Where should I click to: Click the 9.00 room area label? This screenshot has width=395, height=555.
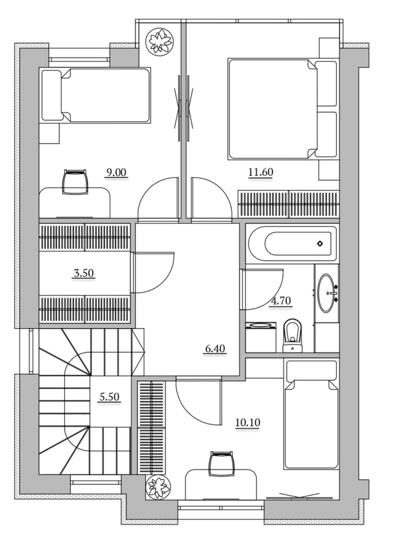tap(116, 172)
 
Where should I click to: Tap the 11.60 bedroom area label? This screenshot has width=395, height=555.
tap(261, 172)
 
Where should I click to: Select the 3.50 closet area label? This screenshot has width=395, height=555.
tap(84, 273)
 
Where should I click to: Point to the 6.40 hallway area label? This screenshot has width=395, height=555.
tap(215, 349)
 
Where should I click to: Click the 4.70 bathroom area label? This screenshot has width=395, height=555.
tap(281, 301)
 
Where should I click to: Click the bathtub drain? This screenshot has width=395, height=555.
tap(320, 244)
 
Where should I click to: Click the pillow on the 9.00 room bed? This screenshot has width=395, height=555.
tap(51, 95)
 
